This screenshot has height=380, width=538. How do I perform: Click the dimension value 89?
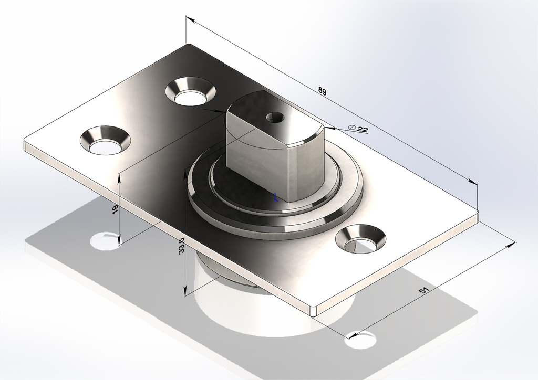point(322,91)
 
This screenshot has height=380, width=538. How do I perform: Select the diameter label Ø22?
point(358,129)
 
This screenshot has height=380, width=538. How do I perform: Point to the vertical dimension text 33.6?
point(181,246)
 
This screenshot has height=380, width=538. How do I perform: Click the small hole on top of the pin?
point(273,117)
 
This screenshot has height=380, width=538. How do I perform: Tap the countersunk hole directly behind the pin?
point(191,92)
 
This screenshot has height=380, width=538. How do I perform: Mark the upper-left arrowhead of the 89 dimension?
point(190,20)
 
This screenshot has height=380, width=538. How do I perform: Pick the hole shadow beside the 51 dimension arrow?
point(360,341)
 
